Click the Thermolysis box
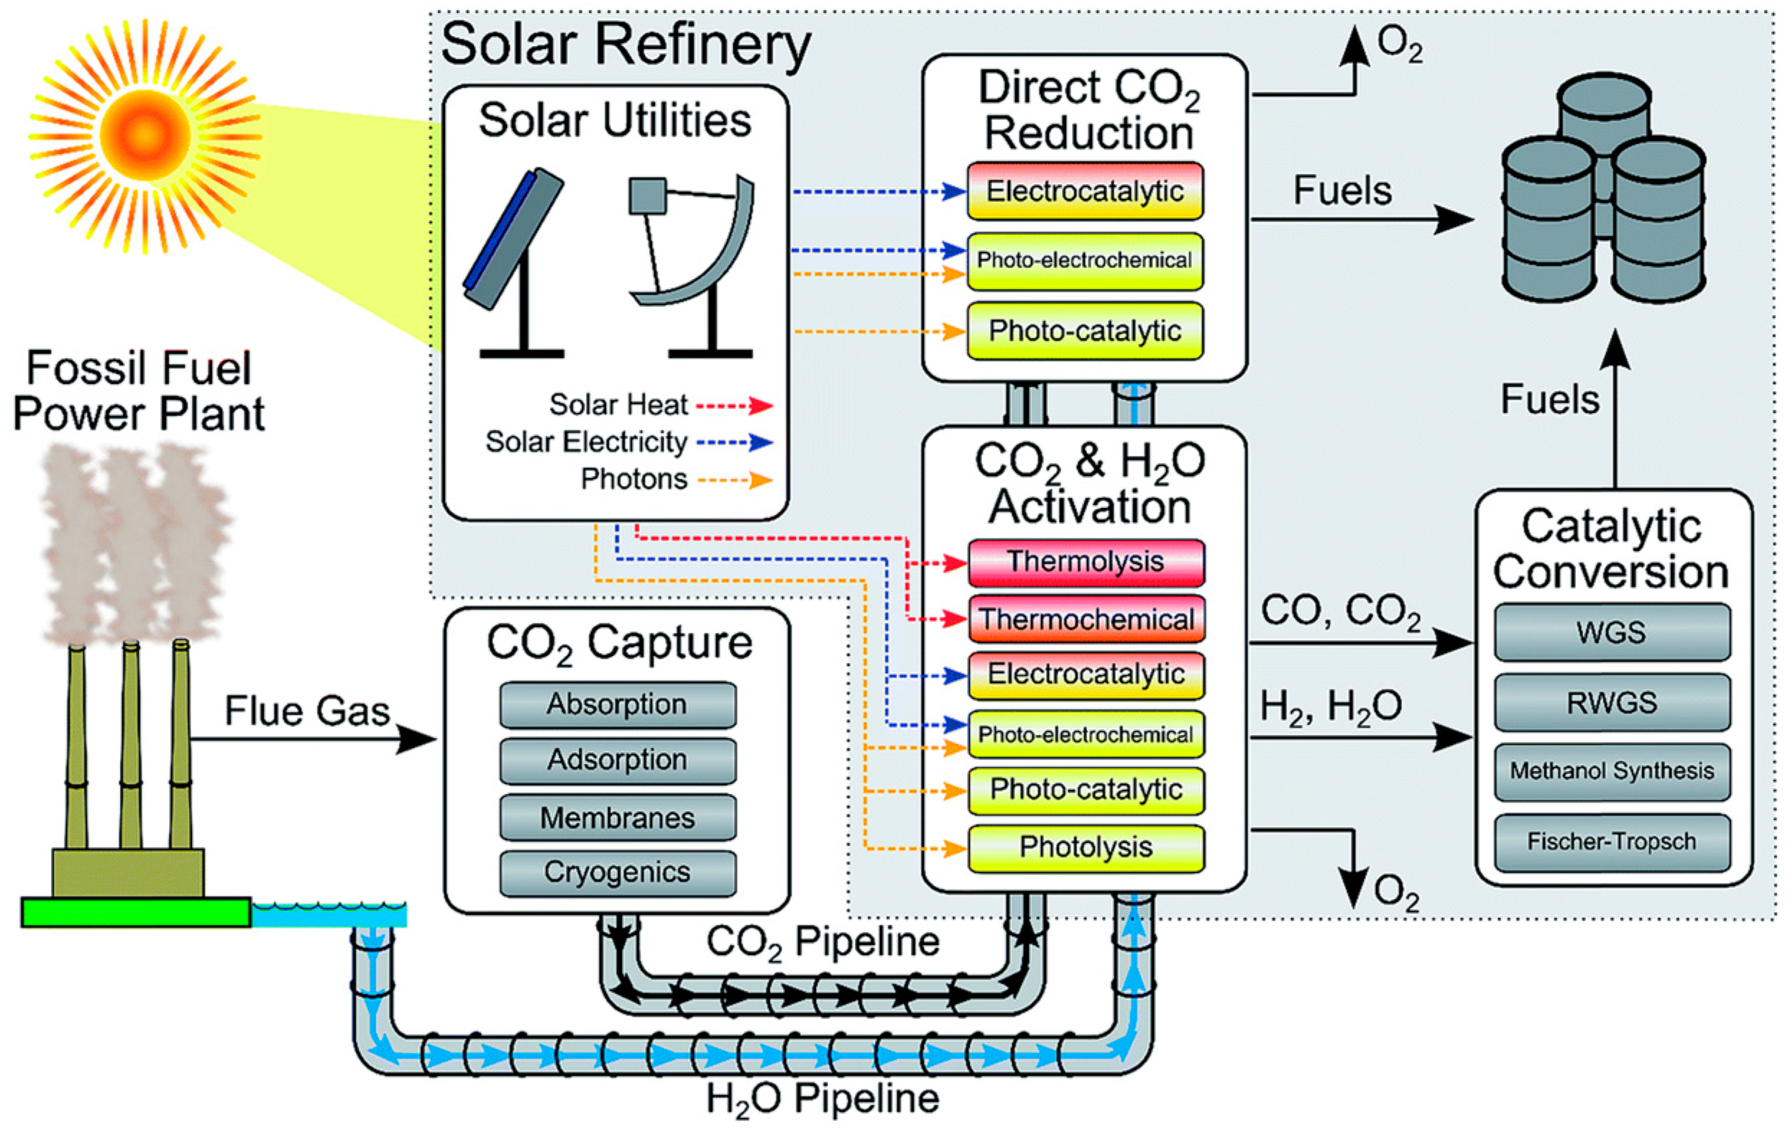(x=1086, y=562)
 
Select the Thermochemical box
(x=1086, y=619)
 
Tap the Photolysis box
(x=1086, y=847)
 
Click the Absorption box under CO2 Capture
(x=618, y=705)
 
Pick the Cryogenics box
(x=618, y=874)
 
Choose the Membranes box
(x=618, y=818)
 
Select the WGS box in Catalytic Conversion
(x=1612, y=632)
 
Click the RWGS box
(x=1612, y=703)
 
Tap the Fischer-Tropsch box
(x=1612, y=842)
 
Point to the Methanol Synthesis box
(x=1612, y=772)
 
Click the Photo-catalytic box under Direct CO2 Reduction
(x=1085, y=332)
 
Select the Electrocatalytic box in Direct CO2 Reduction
(x=1085, y=191)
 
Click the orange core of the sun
(x=145, y=135)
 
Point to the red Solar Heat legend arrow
(x=735, y=406)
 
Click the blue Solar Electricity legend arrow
(x=735, y=443)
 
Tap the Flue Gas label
(x=308, y=711)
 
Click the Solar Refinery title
(x=626, y=45)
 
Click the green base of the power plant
(x=136, y=912)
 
